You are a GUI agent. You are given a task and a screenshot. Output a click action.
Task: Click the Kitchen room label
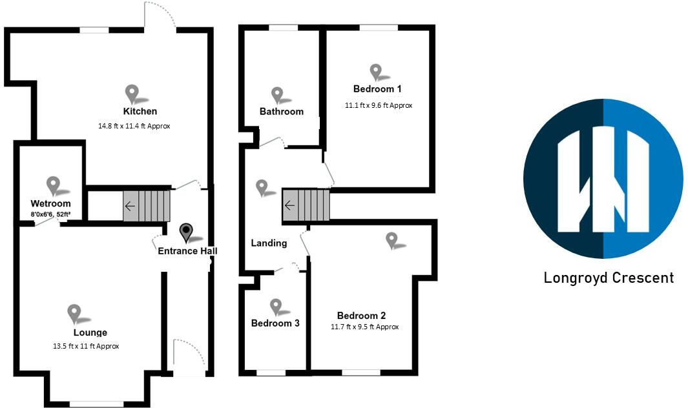tap(140, 111)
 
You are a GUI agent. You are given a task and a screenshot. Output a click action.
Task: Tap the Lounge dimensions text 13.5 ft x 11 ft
tap(86, 346)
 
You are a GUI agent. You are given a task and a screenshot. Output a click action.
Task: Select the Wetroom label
tap(51, 204)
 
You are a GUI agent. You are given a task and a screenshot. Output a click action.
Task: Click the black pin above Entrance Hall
tap(187, 232)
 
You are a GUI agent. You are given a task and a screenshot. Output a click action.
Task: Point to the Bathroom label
tap(282, 112)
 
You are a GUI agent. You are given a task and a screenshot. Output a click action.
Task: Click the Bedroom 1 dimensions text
tap(379, 105)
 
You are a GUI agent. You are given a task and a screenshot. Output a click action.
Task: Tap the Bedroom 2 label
tap(361, 316)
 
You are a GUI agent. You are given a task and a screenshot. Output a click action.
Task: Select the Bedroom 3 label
tap(275, 323)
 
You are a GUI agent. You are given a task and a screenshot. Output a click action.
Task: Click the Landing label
tap(269, 243)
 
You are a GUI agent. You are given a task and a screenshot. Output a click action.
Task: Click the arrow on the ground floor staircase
tap(130, 207)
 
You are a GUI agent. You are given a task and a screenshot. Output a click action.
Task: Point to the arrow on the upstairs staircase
tap(289, 206)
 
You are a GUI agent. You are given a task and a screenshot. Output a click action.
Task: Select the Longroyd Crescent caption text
tap(609, 278)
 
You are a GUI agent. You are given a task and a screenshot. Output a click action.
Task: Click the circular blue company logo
tap(603, 179)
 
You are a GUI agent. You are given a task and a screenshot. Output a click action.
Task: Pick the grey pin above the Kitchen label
tap(132, 94)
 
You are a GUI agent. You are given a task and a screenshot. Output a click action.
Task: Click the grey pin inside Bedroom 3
tap(276, 307)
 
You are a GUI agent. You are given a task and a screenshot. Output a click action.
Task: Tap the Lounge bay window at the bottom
tap(87, 404)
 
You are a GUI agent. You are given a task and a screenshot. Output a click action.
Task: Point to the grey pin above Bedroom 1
tap(376, 72)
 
